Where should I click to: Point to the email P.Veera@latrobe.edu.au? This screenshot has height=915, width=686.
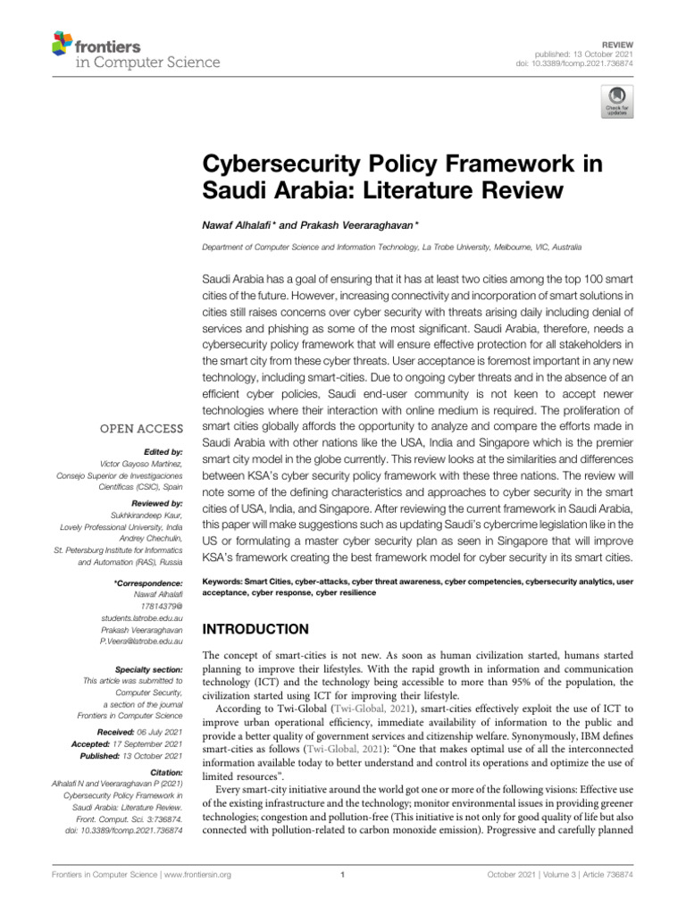tap(142, 641)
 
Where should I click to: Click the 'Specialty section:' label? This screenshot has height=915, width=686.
tap(150, 669)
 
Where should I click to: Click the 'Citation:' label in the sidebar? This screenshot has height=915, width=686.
tap(166, 771)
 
